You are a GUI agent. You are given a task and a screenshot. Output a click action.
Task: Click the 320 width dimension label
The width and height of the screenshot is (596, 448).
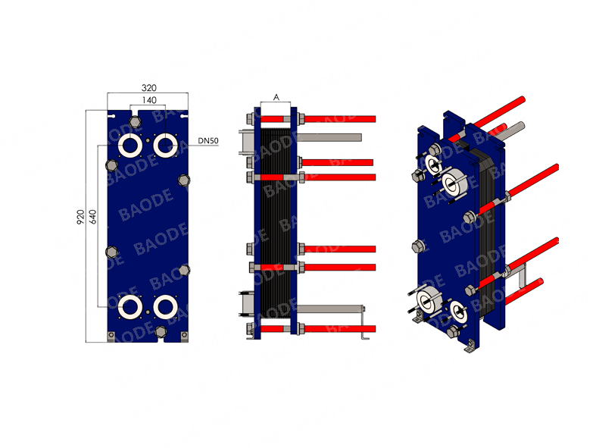(x=149, y=88)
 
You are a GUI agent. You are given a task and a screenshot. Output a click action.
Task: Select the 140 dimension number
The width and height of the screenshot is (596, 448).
(x=149, y=100)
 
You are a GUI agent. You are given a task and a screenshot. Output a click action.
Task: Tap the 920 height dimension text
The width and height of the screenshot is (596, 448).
(x=80, y=217)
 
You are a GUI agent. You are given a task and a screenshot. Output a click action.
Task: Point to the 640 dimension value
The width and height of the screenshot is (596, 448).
(x=92, y=217)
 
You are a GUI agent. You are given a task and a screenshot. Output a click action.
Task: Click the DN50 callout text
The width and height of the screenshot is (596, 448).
(x=208, y=141)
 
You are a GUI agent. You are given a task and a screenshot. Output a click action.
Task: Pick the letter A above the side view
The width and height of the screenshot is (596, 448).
(x=276, y=98)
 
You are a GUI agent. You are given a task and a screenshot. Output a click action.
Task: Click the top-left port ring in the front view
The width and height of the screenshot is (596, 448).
(x=130, y=145)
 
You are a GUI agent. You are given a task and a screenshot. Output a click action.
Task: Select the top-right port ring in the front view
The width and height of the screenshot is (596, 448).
(x=165, y=145)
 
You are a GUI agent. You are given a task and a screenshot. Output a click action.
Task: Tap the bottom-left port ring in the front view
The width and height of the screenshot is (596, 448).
(x=130, y=307)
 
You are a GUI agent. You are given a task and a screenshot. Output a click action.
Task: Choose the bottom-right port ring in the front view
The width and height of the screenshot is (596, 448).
(x=165, y=307)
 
